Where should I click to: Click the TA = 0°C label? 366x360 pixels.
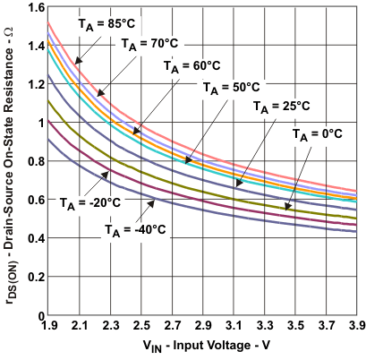click(x=319, y=133)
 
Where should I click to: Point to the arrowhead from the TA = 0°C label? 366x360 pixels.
click(x=285, y=208)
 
